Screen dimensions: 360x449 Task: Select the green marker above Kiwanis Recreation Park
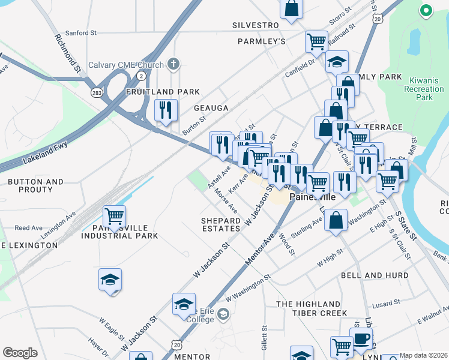(x=426, y=10)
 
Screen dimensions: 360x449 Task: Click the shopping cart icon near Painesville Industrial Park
(x=114, y=215)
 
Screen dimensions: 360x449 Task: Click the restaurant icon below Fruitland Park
(x=166, y=110)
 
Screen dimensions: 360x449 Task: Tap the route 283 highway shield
(x=97, y=92)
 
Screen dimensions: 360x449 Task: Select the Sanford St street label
(x=80, y=33)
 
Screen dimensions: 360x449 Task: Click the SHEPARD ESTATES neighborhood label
(x=221, y=224)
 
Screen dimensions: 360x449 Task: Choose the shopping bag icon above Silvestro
(x=292, y=8)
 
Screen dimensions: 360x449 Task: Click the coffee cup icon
(x=361, y=338)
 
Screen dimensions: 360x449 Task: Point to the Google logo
(x=20, y=353)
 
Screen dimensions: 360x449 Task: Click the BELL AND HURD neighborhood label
(x=370, y=275)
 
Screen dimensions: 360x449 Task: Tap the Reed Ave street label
(x=28, y=228)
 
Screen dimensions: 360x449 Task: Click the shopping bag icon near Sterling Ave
(x=337, y=220)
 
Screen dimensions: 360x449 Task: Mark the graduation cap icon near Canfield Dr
(x=337, y=61)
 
